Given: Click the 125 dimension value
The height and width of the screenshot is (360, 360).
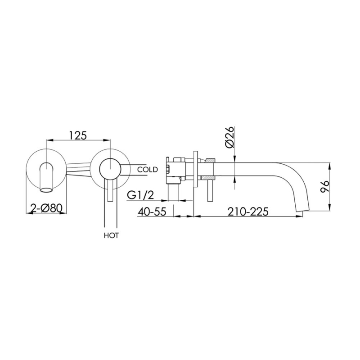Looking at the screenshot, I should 77,135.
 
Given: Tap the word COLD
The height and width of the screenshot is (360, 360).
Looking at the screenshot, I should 147,170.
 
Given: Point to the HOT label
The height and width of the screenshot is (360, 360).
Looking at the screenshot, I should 111,235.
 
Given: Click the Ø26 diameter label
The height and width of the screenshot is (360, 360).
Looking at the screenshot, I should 229,137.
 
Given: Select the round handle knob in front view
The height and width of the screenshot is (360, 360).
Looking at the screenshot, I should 110,169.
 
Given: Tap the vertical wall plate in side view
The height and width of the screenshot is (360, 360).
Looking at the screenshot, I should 195,169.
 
